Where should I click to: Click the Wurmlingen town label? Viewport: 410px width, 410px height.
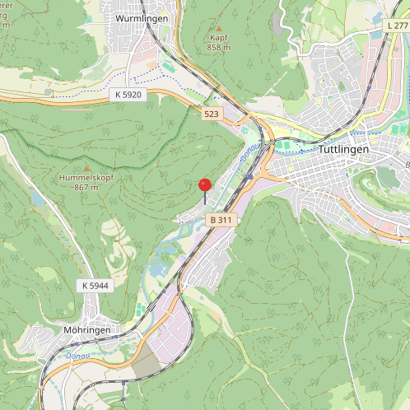142,18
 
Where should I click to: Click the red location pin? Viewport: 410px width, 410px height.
205,186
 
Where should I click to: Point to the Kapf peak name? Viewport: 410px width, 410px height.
218,38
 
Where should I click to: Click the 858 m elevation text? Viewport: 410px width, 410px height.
218,48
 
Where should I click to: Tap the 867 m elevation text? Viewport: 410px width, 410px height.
86,188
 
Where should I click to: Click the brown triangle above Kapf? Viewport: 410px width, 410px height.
218,28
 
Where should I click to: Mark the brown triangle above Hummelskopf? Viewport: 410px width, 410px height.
86,168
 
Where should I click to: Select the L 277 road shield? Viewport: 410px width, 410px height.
397,27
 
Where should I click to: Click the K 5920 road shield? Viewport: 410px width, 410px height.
128,96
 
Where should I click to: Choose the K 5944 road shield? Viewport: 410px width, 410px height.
96,285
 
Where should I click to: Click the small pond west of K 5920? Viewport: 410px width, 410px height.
49,91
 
